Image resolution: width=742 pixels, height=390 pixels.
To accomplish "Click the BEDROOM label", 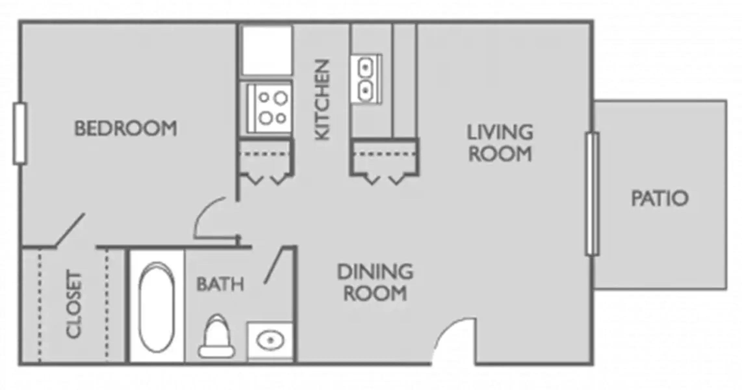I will click(x=126, y=128).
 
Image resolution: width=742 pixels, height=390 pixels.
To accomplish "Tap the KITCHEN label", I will click(x=323, y=100).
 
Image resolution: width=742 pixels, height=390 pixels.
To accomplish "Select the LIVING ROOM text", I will click(x=500, y=143).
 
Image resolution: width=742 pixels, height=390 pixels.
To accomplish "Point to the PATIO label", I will click(x=659, y=198).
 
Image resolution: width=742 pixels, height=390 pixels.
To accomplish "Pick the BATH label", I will click(x=220, y=284).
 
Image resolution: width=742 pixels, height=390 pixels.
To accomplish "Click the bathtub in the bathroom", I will click(x=156, y=306).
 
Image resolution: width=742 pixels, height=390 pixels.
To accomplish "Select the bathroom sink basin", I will click(x=270, y=340).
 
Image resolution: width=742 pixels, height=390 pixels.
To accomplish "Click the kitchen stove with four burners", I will click(x=269, y=108).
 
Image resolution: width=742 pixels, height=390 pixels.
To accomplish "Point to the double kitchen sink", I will click(x=366, y=79).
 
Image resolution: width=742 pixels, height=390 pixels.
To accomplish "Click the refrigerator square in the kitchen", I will click(x=267, y=50).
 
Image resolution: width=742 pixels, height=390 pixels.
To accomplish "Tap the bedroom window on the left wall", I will click(x=20, y=134).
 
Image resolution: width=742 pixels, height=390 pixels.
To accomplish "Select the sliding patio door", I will click(x=592, y=194).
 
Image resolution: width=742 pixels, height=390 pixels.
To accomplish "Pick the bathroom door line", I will click(x=274, y=265).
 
